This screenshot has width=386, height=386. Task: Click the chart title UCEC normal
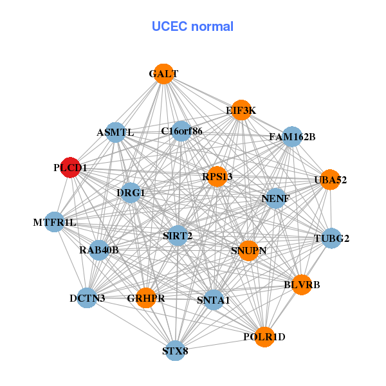(x=192, y=26)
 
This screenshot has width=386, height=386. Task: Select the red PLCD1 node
(x=69, y=167)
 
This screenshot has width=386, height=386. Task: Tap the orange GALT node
(x=163, y=74)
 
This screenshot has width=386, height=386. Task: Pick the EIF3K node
(x=241, y=110)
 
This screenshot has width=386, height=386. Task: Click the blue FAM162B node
(x=292, y=136)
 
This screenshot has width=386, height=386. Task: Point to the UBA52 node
(x=330, y=179)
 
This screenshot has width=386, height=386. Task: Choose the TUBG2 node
(x=331, y=239)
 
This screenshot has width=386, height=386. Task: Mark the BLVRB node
(x=302, y=284)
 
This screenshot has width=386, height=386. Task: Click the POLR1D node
(x=264, y=336)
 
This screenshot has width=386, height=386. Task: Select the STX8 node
(x=175, y=351)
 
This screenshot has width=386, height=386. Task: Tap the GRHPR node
(x=146, y=298)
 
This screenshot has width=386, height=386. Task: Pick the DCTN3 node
(x=87, y=298)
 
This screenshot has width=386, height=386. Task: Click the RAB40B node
(x=99, y=250)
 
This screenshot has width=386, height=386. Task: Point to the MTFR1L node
(x=55, y=223)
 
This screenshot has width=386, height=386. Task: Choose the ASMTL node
(x=115, y=133)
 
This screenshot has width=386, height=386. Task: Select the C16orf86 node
(x=181, y=131)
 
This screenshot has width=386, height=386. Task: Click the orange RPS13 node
(x=217, y=176)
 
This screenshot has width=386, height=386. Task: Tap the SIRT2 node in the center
(x=178, y=236)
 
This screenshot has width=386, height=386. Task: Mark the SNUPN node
(x=248, y=250)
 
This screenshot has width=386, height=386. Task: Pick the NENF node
(x=275, y=198)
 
